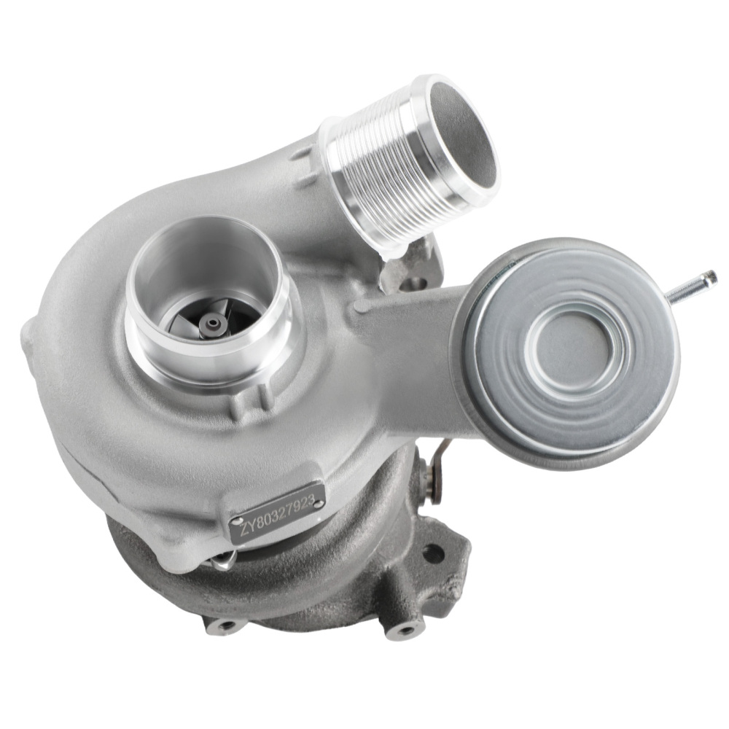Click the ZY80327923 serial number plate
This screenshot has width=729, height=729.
(277, 513)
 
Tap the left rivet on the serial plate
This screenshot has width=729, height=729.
(238, 522)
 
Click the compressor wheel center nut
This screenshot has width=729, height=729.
(212, 323)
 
